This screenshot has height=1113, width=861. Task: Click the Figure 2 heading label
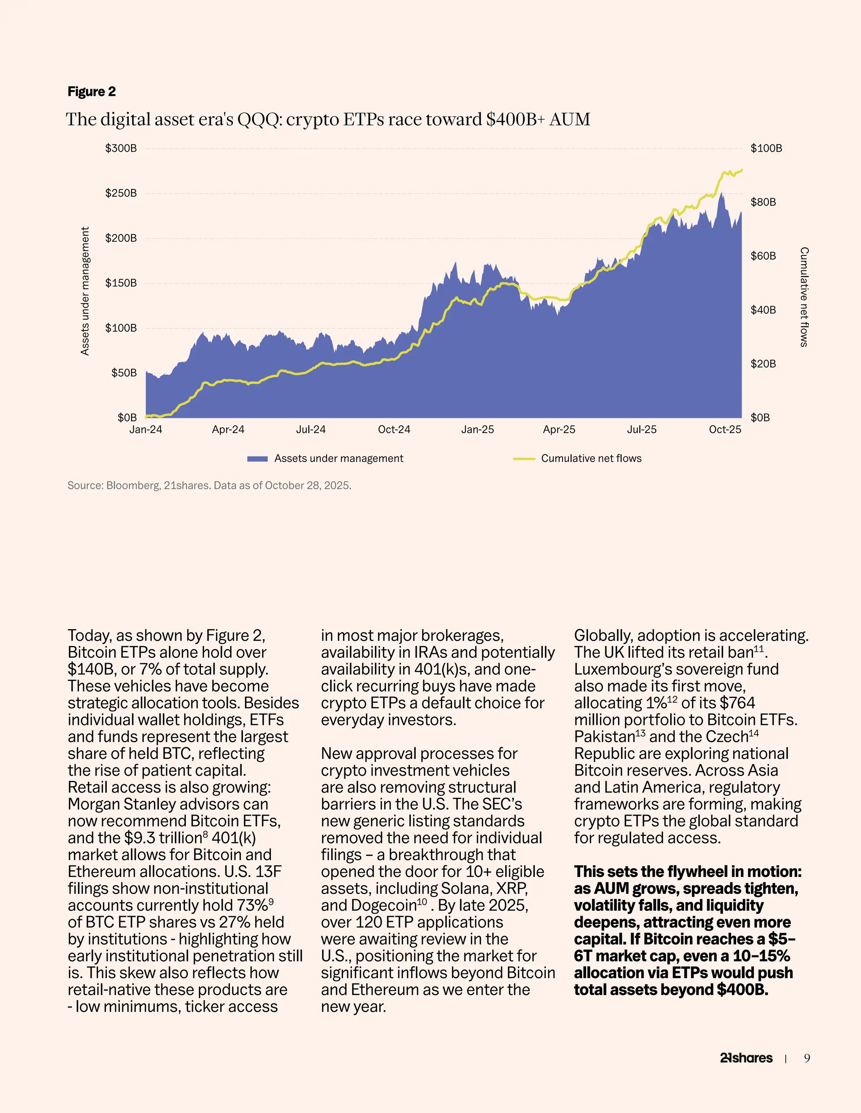pyautogui.click(x=91, y=92)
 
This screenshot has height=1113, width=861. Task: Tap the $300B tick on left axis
pyautogui.click(x=121, y=148)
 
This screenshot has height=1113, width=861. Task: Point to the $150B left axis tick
pyautogui.click(x=121, y=283)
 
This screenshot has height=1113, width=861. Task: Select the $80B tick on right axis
pyautogui.click(x=763, y=202)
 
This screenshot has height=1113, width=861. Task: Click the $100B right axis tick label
pyautogui.click(x=766, y=148)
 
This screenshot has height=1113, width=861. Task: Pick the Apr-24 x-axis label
pyautogui.click(x=228, y=430)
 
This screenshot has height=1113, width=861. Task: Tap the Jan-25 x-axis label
pyautogui.click(x=478, y=430)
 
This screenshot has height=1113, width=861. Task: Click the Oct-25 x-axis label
pyautogui.click(x=725, y=430)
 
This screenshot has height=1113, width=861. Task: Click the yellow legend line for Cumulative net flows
pyautogui.click(x=523, y=459)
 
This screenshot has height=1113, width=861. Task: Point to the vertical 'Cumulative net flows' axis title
pyautogui.click(x=804, y=297)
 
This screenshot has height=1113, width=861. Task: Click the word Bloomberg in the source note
pyautogui.click(x=133, y=485)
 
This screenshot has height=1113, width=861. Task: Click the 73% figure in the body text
pyautogui.click(x=253, y=905)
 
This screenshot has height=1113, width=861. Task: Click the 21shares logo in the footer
pyautogui.click(x=746, y=1058)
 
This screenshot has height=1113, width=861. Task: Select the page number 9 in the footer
pyautogui.click(x=807, y=1058)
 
